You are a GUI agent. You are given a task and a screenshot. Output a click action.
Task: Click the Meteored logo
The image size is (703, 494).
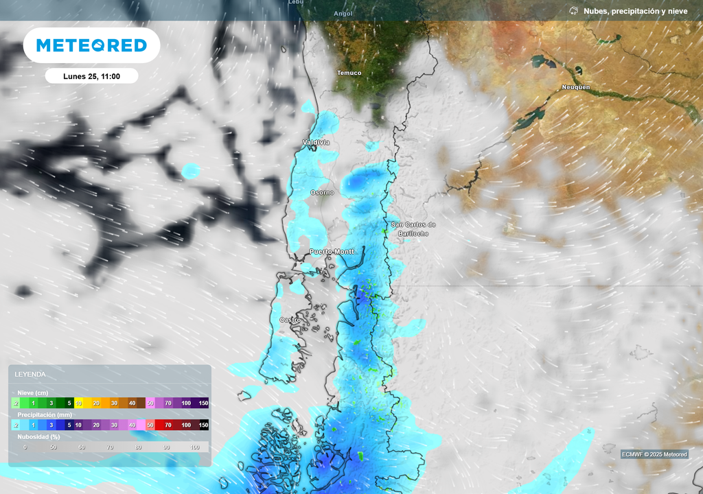click(91, 45)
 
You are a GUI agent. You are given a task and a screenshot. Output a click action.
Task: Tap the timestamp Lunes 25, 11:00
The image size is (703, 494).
click(91, 76)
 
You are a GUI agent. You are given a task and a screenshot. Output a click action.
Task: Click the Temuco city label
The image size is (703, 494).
click(349, 73)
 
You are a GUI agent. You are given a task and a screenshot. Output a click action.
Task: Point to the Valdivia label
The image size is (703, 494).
click(316, 142)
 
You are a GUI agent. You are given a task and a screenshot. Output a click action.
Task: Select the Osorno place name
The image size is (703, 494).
click(322, 193)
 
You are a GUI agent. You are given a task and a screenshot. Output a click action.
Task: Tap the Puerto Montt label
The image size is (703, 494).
click(332, 252)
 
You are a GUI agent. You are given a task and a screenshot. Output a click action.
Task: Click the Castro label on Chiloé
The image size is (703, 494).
click(290, 320)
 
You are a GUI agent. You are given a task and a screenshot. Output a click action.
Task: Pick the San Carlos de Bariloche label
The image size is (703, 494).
click(413, 229)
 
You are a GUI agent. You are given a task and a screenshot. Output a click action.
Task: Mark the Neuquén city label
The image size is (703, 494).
click(576, 87)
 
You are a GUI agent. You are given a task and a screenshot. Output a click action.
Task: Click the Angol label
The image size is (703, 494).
click(343, 13)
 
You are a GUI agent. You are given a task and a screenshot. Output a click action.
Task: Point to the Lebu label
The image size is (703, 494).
click(295, 3)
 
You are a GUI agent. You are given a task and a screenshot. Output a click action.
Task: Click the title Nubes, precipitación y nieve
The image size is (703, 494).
click(635, 11)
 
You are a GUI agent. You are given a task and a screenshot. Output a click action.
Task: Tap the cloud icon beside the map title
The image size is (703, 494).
click(574, 11)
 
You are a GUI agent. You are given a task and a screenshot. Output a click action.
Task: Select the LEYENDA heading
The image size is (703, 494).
click(30, 374)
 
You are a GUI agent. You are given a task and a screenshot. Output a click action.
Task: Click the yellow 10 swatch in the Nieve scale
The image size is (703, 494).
click(79, 403)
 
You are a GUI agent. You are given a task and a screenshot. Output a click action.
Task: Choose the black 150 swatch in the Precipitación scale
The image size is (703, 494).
click(203, 425)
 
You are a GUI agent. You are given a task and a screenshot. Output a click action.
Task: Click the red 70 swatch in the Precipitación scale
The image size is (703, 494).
click(168, 425)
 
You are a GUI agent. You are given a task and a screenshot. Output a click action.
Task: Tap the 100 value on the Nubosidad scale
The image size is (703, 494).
click(194, 447)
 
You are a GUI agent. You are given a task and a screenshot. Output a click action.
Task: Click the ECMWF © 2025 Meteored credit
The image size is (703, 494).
click(654, 454)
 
